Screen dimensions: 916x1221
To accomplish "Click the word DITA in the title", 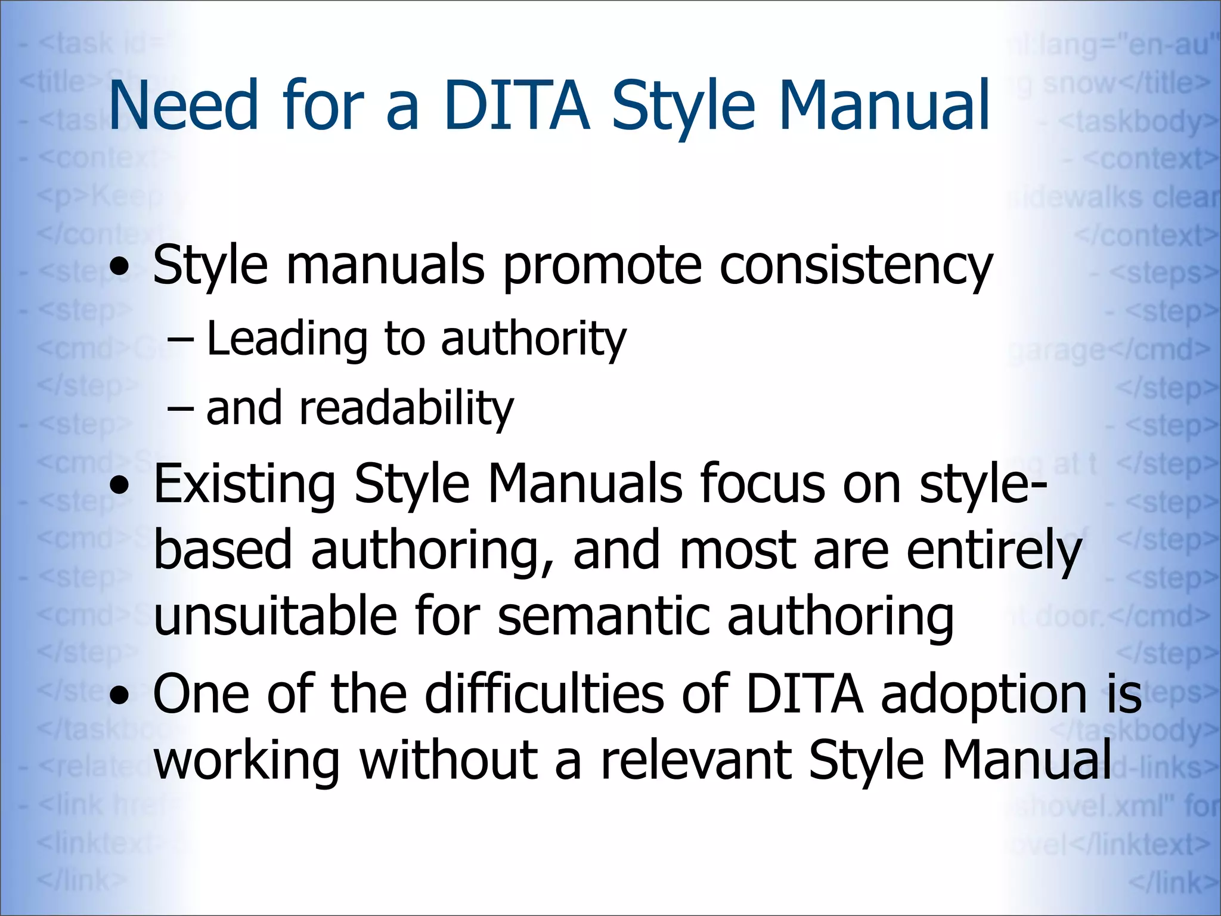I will [x=516, y=106].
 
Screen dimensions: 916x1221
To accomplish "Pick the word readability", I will [x=406, y=409].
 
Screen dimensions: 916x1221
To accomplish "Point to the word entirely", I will [x=994, y=551].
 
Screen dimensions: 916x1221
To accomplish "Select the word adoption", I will [x=984, y=695].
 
